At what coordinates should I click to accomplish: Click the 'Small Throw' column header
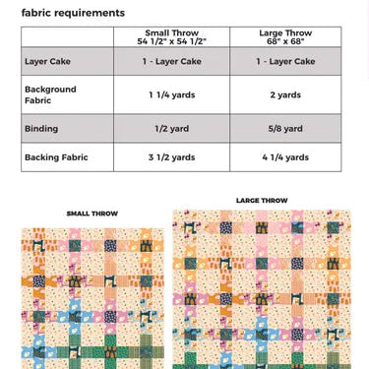(x=171, y=37)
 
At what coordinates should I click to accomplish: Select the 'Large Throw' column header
(x=285, y=37)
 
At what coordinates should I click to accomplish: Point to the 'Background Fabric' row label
(x=50, y=94)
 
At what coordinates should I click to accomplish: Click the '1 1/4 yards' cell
(x=171, y=94)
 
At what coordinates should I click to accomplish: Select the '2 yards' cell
(x=285, y=94)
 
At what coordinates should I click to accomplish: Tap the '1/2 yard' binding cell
(x=171, y=128)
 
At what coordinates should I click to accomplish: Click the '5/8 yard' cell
(x=285, y=128)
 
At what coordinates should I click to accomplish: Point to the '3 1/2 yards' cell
(x=171, y=156)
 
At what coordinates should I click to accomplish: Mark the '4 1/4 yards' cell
(x=285, y=156)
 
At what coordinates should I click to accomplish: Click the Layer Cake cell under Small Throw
(x=171, y=61)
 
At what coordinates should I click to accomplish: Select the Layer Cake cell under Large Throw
(x=285, y=61)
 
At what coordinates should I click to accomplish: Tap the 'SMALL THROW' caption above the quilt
(x=92, y=213)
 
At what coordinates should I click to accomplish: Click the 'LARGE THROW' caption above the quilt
(x=262, y=201)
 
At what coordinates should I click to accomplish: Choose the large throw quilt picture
(x=262, y=289)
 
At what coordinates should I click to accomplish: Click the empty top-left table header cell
(x=67, y=37)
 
